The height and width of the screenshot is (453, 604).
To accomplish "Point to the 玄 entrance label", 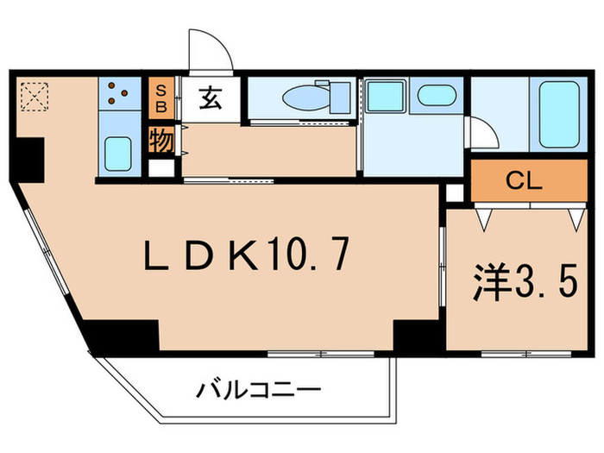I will (211, 98).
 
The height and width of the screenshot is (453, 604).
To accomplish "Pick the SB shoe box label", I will (160, 97).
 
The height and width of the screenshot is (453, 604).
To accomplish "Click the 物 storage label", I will (160, 139).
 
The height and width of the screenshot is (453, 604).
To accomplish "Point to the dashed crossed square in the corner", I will (35, 97).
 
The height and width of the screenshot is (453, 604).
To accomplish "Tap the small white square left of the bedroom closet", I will (454, 192).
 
